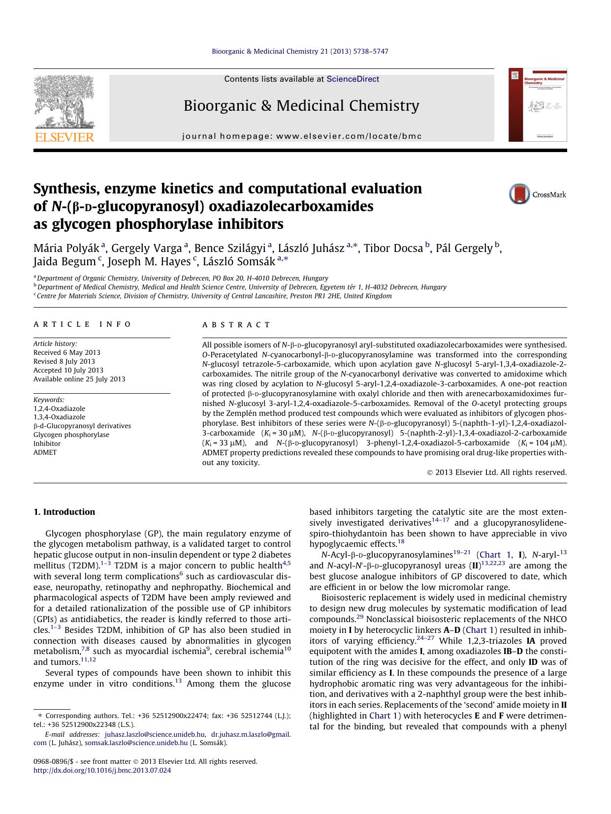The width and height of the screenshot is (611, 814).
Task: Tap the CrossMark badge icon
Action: (x=520, y=194)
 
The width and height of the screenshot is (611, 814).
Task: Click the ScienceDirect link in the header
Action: (x=353, y=79)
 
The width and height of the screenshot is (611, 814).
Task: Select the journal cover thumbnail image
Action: (x=538, y=105)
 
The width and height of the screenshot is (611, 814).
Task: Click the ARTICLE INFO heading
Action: (x=82, y=324)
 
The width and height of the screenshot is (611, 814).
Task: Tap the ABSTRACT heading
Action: (x=236, y=325)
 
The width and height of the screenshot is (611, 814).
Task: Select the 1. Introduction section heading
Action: (x=64, y=512)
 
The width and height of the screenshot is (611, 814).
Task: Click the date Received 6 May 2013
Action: (x=66, y=352)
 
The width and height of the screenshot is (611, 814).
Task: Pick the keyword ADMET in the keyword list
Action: (x=45, y=452)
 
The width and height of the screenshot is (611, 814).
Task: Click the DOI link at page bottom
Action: (x=102, y=770)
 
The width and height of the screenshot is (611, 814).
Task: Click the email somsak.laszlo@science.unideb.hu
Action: (x=136, y=743)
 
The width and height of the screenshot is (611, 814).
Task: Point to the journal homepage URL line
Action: (x=302, y=136)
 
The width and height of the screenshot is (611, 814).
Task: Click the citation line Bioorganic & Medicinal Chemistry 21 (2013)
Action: (x=300, y=51)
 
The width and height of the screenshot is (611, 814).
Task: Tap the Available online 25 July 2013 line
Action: (x=79, y=379)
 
